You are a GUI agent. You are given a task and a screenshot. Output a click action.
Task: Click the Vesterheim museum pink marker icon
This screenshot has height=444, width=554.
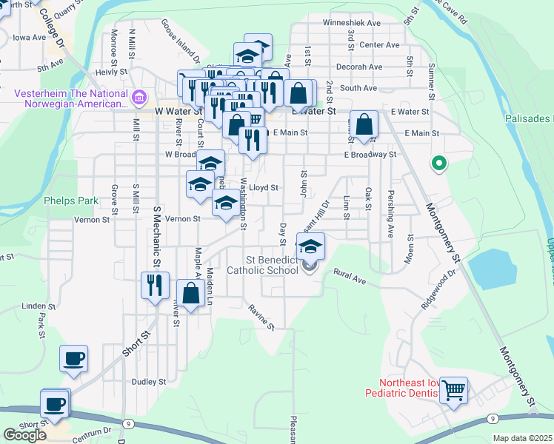coord(138,97)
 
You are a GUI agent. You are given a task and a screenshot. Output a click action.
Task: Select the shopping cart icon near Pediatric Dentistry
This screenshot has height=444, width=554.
coord(453,390)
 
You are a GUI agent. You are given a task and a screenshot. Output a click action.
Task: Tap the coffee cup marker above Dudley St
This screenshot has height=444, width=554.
coord(74,359)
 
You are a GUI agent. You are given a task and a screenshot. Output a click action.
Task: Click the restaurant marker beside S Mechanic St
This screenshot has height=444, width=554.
coord(154,285)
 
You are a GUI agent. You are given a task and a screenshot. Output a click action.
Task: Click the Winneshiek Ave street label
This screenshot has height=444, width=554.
coord(351,23)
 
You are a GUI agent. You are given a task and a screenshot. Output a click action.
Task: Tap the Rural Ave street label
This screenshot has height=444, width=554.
coord(350,276)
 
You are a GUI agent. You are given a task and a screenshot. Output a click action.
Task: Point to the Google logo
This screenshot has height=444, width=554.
coord(24,434)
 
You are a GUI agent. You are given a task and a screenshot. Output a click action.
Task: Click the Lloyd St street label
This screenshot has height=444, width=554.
coord(263,188)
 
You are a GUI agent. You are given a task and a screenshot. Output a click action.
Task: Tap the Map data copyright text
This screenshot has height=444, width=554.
coord(522,438)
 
